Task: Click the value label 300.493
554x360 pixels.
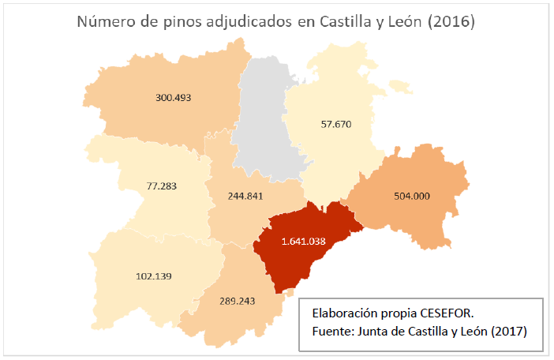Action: tap(174, 98)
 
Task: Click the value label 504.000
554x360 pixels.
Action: tap(411, 196)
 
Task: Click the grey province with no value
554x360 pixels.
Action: tap(268, 118)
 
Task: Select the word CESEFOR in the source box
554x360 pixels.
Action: tap(446, 311)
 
